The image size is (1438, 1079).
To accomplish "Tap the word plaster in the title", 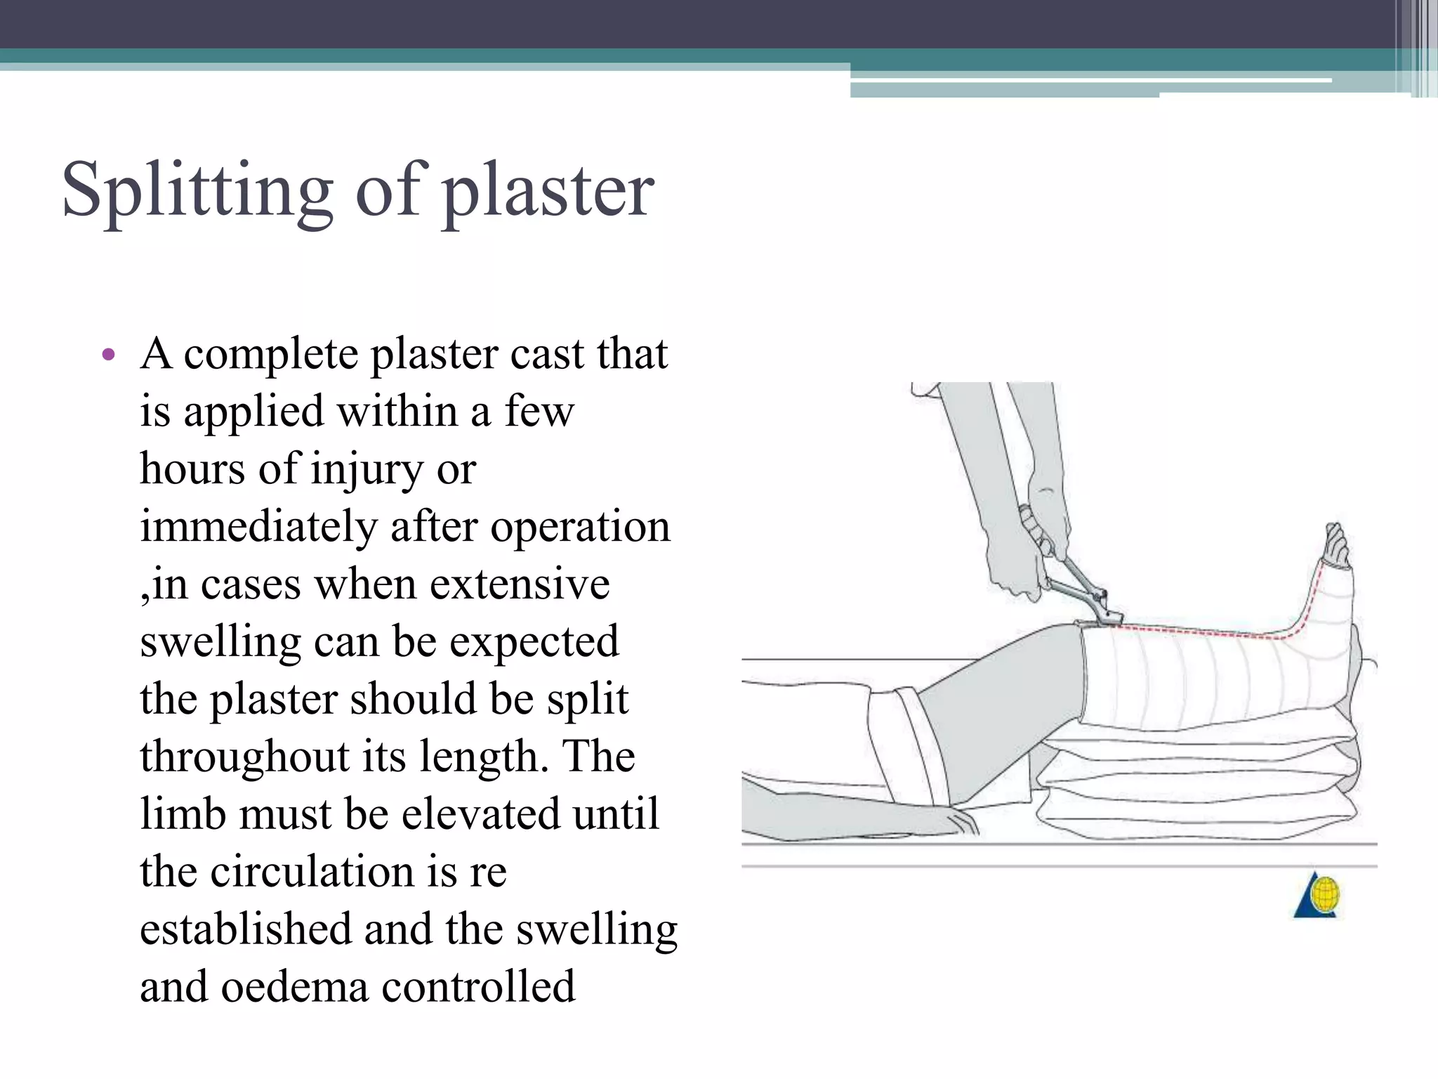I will click(x=548, y=191).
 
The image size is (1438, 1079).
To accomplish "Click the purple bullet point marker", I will click(x=108, y=354).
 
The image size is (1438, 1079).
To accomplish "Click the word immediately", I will click(x=258, y=526).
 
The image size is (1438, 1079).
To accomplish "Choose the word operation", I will click(x=580, y=526).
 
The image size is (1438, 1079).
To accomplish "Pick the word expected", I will click(x=534, y=641).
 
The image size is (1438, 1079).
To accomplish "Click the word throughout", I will click(x=244, y=757).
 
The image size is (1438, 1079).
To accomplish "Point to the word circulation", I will click(x=312, y=872).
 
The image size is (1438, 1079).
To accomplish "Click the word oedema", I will click(x=295, y=987).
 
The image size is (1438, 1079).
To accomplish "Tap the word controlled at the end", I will click(x=478, y=987).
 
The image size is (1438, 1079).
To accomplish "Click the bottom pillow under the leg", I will click(x=1194, y=818).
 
